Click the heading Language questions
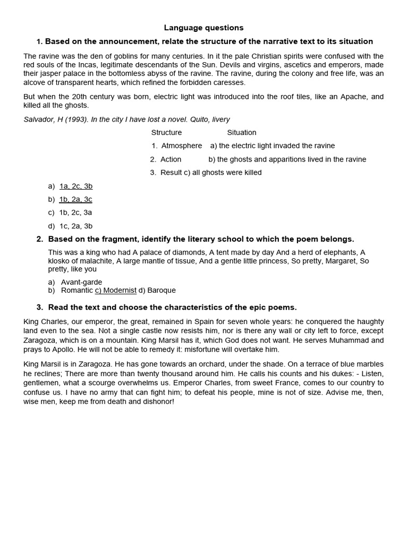coord(203,28)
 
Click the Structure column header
coord(166,132)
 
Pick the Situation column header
coord(242,132)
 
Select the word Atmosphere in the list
coord(182,146)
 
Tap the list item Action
coord(171,159)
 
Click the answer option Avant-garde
coord(81,282)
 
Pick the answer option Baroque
coord(161,290)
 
